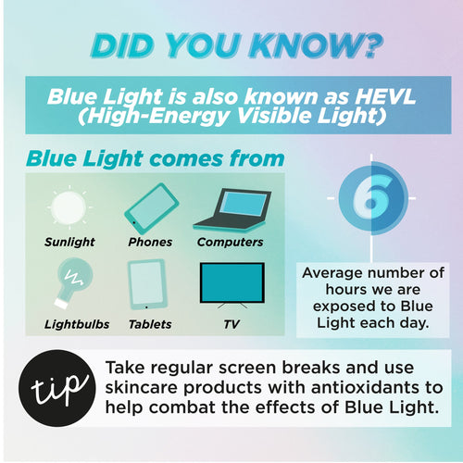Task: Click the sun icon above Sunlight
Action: point(69,207)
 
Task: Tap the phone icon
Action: point(150,208)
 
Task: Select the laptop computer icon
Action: point(231,208)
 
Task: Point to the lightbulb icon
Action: point(70,282)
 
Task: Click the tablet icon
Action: point(146,284)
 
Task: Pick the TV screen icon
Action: point(231,282)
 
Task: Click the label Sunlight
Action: point(69,243)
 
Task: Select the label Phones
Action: point(150,243)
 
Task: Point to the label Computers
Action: point(231,243)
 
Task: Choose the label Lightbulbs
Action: point(77,325)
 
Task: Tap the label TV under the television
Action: point(231,325)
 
